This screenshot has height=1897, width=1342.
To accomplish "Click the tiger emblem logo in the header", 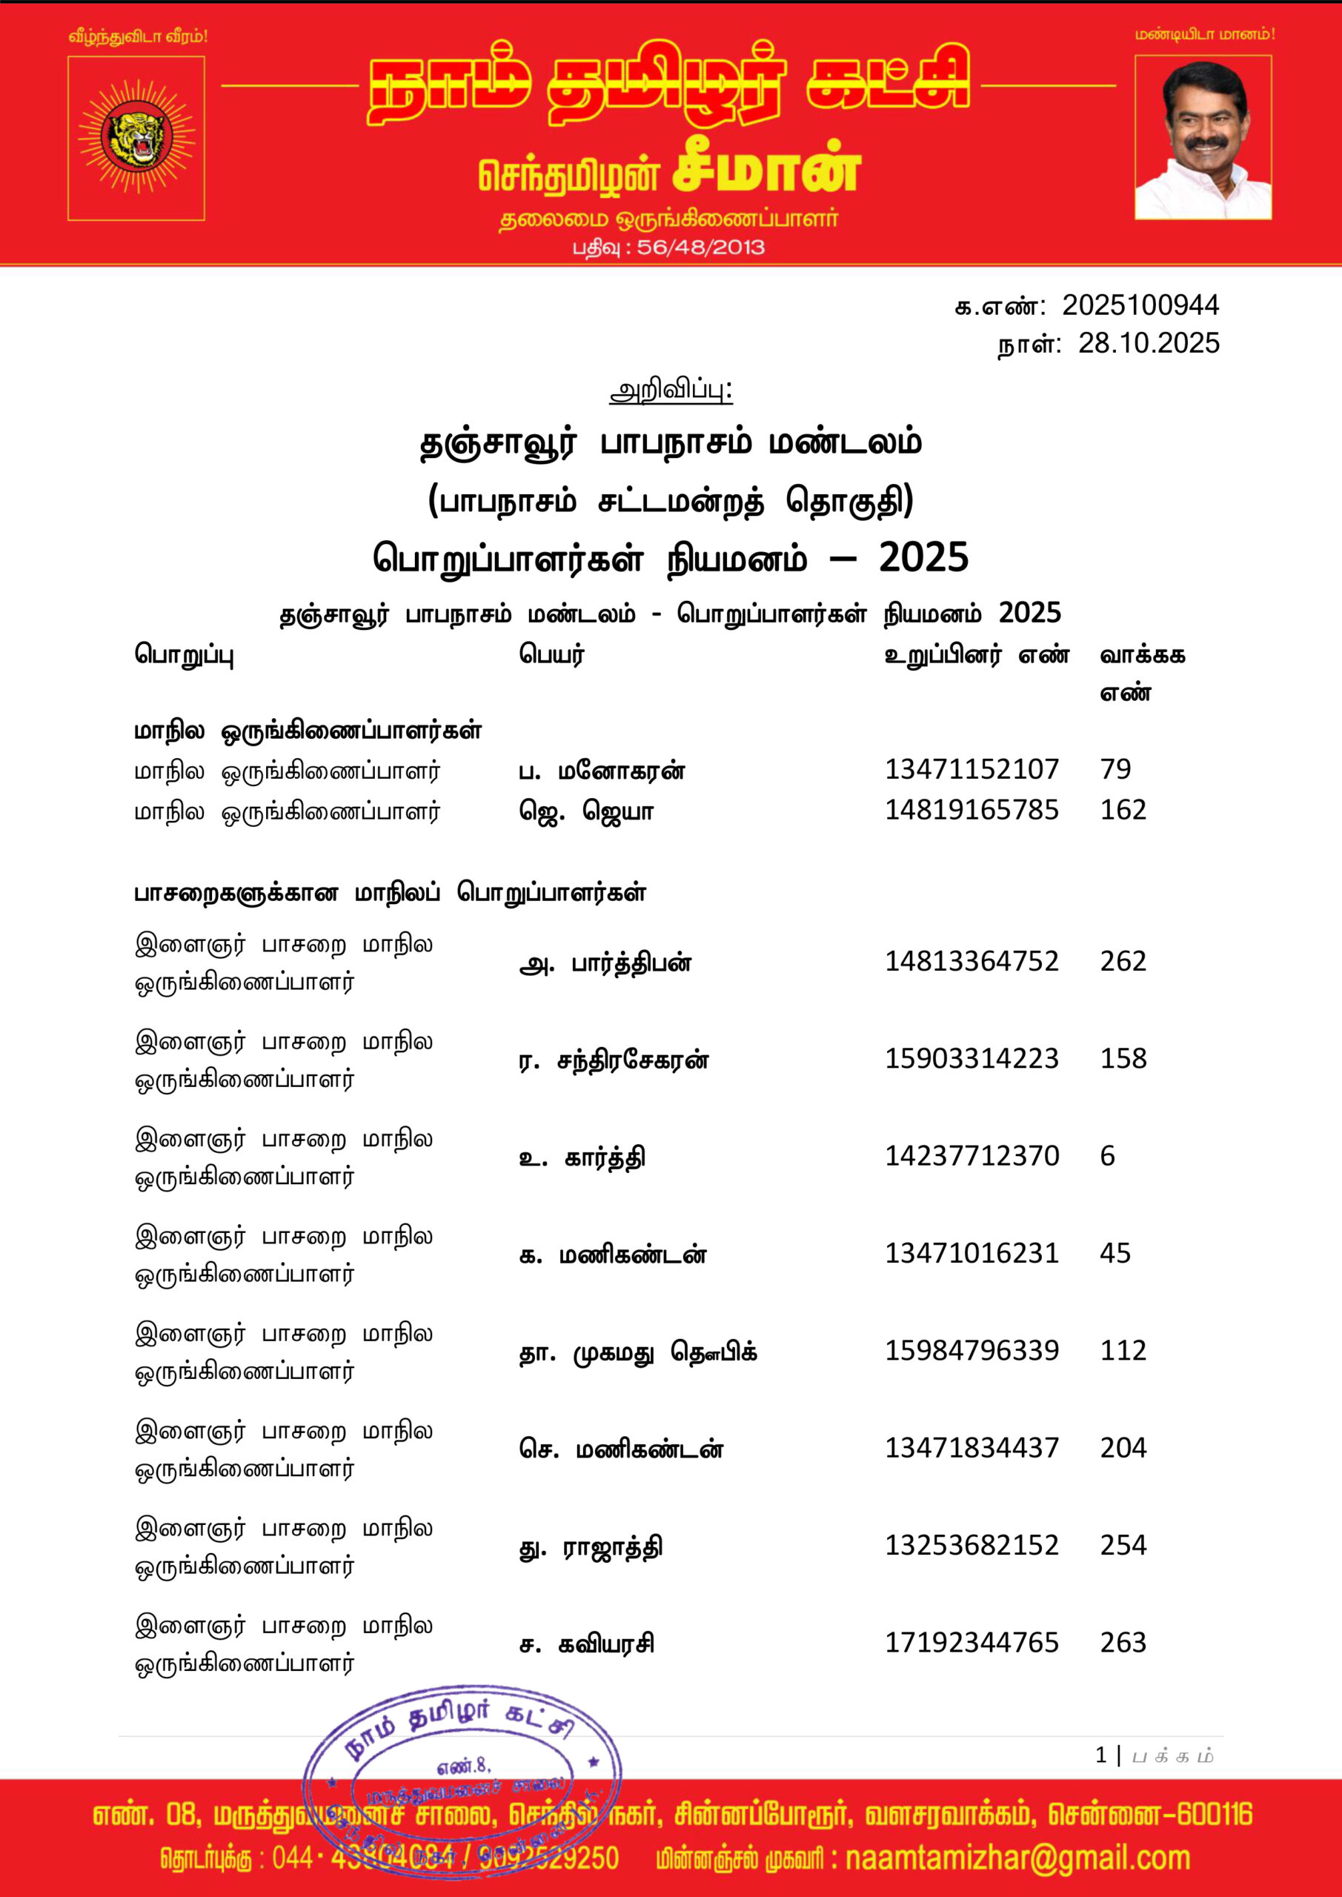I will point(136,138).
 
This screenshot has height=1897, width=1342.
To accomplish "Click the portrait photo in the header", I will point(1203,138).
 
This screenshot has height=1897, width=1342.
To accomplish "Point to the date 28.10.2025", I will point(1148,344).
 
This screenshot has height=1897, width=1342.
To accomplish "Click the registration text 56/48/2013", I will point(701,247).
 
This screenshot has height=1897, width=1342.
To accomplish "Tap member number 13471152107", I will point(971,769).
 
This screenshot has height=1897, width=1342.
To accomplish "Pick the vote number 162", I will point(1123,810).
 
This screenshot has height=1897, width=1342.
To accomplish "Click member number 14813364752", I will point(971,961).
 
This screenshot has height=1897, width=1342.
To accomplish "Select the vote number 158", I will point(1123,1058).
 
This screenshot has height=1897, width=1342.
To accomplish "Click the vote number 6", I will point(1107,1156).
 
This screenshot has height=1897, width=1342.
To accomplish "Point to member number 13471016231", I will point(971,1253).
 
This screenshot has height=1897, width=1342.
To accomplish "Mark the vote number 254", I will point(1123,1545).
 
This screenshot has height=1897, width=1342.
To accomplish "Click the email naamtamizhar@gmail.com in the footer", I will point(1017,1858).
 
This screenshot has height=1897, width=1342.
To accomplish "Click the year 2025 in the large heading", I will point(923,559).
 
